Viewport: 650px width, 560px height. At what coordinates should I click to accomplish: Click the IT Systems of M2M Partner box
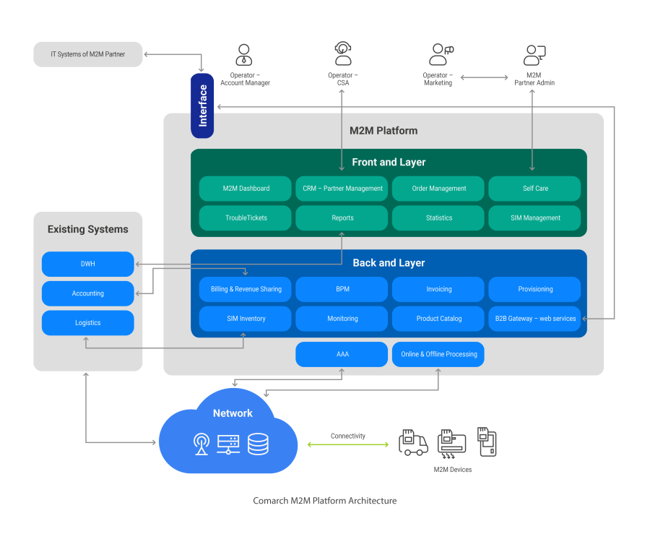[88, 54]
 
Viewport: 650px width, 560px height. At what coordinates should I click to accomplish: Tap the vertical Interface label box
[203, 105]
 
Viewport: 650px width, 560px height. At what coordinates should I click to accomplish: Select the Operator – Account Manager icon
[243, 55]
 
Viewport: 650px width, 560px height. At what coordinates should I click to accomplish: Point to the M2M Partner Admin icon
[534, 55]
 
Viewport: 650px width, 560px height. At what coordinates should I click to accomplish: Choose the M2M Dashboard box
[246, 189]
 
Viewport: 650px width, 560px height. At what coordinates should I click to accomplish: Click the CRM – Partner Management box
[342, 189]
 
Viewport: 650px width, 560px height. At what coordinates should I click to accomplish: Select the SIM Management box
[535, 218]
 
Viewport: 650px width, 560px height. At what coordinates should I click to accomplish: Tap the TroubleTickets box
[246, 218]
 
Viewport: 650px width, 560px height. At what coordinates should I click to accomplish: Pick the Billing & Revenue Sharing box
[246, 289]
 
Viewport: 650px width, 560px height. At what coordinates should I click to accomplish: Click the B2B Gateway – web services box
[535, 319]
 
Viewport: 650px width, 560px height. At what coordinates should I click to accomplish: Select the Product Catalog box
[438, 319]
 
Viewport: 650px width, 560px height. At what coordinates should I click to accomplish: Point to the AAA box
[342, 355]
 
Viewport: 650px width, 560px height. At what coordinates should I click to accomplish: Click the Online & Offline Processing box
[438, 355]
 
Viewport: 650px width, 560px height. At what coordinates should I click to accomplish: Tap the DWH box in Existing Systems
[88, 264]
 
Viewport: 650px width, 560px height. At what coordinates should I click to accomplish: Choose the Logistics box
[88, 323]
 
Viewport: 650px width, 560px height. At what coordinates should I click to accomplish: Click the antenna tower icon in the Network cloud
[201, 444]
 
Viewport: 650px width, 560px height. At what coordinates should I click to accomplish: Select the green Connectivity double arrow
[348, 444]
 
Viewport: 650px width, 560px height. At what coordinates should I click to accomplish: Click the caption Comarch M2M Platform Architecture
[325, 501]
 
